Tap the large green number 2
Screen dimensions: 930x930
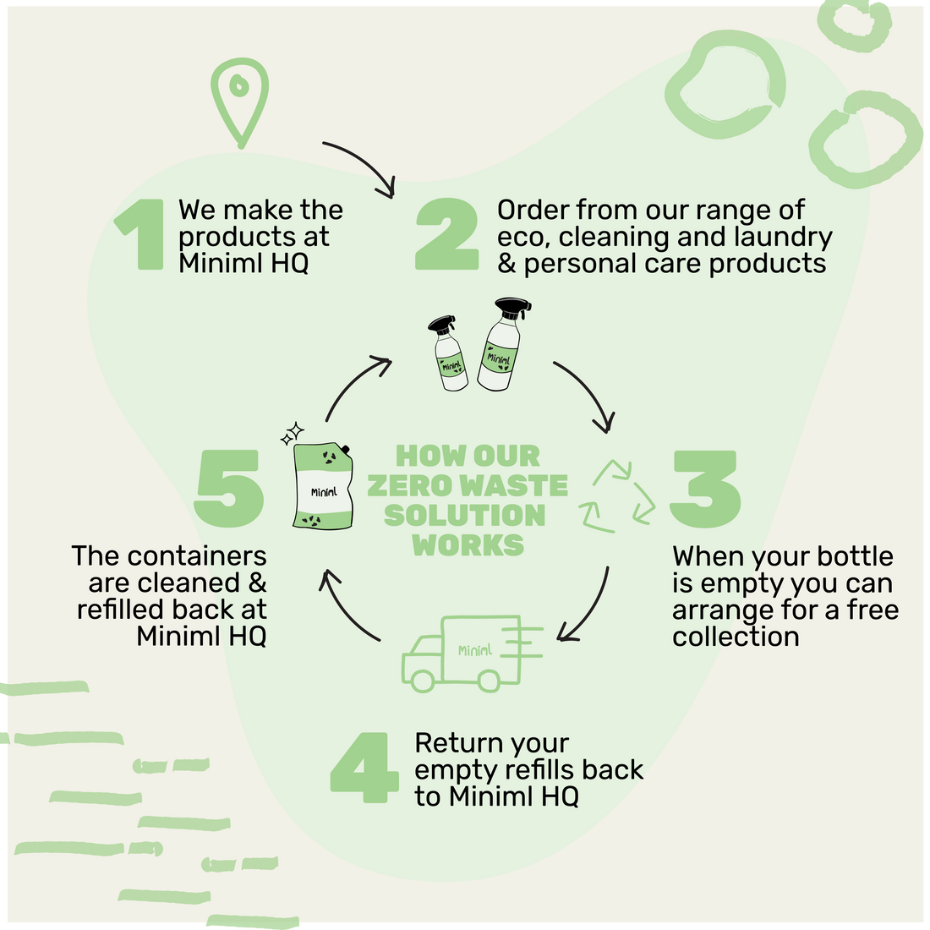(x=447, y=235)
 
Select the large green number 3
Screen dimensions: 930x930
(x=705, y=489)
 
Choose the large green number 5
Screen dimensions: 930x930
(x=229, y=489)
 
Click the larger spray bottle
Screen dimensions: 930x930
(x=502, y=346)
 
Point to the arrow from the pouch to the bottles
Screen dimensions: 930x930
(x=355, y=385)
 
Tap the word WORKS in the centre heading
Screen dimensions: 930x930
(x=468, y=544)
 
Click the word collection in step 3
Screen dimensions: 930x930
(x=736, y=637)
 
